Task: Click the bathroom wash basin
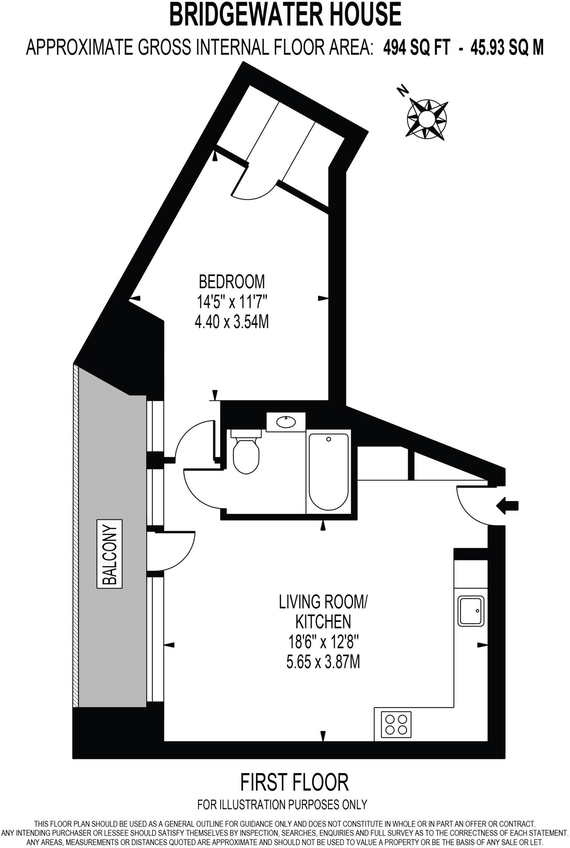tap(286, 422)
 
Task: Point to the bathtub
tap(328, 472)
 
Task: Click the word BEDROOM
tap(232, 282)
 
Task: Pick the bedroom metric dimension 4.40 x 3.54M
tap(232, 322)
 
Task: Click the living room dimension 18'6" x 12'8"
tap(323, 642)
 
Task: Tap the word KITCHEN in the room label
tap(323, 622)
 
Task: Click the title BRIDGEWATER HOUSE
tap(285, 14)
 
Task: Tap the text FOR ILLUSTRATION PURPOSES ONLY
tap(283, 805)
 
